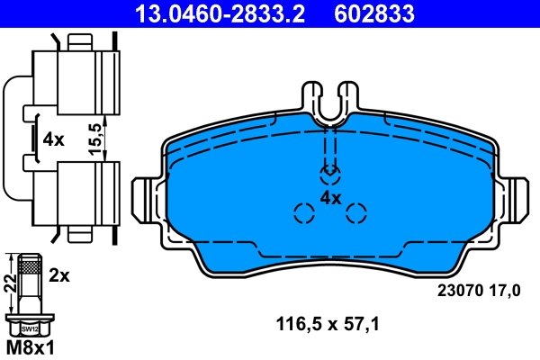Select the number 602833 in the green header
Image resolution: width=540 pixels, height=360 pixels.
(x=375, y=13)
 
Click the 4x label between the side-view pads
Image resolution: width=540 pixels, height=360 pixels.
(x=53, y=139)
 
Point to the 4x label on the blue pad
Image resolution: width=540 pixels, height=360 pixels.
(x=330, y=197)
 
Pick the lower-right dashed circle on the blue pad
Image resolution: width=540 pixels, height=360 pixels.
(x=357, y=213)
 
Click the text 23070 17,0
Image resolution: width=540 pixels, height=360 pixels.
(x=479, y=290)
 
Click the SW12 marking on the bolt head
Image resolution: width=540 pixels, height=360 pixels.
(x=31, y=329)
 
